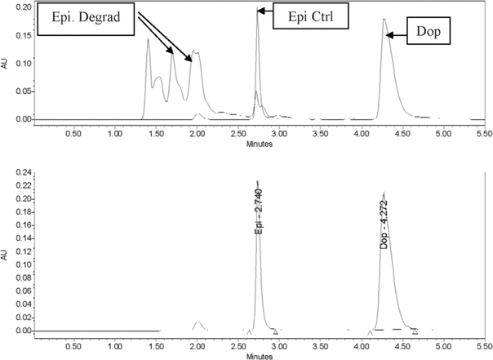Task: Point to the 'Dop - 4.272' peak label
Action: [384, 222]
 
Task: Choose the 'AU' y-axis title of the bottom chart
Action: [7, 255]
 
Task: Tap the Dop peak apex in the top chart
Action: [384, 20]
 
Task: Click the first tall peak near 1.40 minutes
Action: [148, 40]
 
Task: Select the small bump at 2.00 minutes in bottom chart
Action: [197, 324]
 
